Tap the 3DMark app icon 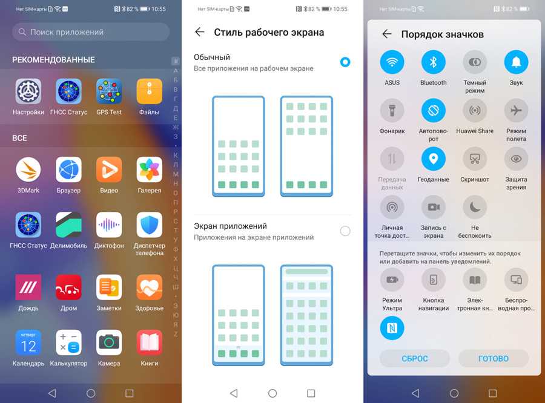point(28,169)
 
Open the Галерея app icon point(149,169)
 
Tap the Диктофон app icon point(109,224)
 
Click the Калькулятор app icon point(68,342)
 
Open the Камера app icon point(109,342)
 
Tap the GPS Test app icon point(109,91)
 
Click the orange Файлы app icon point(149,91)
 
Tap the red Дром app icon point(68,287)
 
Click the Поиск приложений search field point(91,32)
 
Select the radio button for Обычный point(345,62)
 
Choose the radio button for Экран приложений point(345,231)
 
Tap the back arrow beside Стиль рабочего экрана point(199,32)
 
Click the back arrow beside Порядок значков point(387,34)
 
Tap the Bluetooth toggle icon point(434,62)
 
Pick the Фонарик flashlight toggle point(392,111)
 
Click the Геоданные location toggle point(434,159)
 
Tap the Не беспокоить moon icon point(475,207)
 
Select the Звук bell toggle point(516,62)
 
